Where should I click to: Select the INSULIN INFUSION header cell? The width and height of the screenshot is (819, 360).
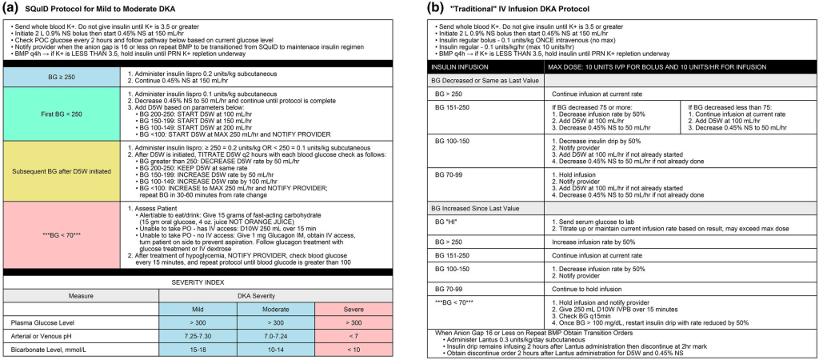click(460, 64)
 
